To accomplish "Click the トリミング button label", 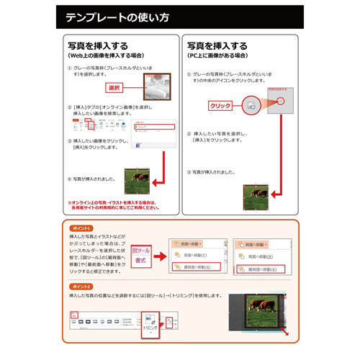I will coord(150,325).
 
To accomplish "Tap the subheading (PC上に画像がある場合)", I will coord(219,54).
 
